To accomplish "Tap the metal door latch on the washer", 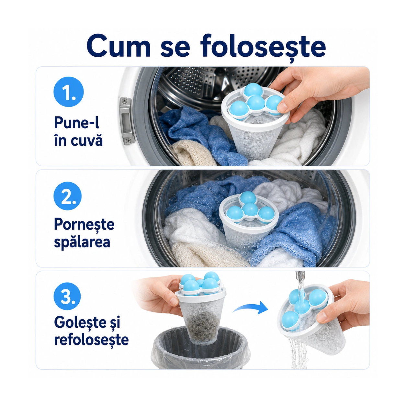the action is click(126, 121).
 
